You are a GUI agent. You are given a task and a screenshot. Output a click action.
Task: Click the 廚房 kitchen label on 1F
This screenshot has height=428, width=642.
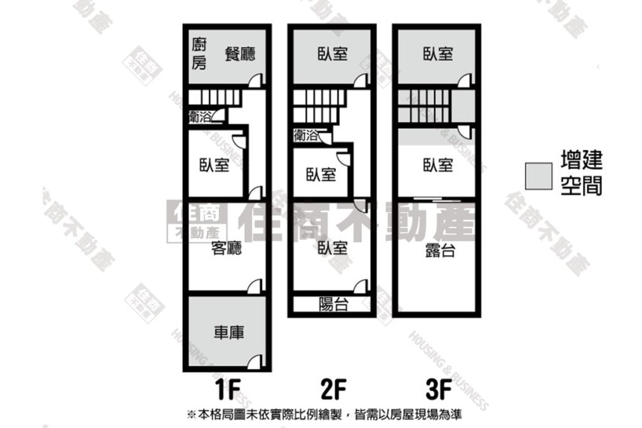click(x=199, y=54)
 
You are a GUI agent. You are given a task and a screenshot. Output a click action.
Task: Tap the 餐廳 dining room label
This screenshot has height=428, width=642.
click(x=240, y=54)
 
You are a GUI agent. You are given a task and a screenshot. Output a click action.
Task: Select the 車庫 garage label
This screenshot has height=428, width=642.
click(x=229, y=332)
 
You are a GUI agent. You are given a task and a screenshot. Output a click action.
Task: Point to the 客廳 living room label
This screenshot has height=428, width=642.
click(x=226, y=248)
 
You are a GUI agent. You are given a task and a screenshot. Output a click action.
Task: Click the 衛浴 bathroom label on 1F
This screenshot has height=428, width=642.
click(x=200, y=117)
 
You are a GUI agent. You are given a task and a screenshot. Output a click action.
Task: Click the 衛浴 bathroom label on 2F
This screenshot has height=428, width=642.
click(x=305, y=135)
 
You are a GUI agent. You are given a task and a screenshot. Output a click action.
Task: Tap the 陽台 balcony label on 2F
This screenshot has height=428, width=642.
click(x=334, y=305)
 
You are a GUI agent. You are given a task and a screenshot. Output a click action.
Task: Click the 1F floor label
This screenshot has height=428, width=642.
click(x=227, y=390)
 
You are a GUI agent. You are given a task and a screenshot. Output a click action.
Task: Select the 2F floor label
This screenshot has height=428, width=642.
click(x=334, y=390)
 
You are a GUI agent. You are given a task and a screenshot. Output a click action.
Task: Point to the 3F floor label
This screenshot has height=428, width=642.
click(x=438, y=390)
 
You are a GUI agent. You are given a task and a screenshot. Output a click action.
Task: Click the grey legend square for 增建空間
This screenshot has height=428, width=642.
click(x=539, y=176)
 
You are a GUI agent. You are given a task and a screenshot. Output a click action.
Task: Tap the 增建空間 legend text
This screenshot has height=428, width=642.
click(x=581, y=173)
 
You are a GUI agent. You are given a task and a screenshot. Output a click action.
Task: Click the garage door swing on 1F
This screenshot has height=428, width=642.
click(x=255, y=362)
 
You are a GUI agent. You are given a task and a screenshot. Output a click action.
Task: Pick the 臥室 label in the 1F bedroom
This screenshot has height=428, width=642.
click(x=214, y=165)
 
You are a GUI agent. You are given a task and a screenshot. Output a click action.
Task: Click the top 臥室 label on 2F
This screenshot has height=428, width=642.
click(x=332, y=54)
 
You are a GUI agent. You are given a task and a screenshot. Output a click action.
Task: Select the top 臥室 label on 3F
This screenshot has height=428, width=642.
click(x=438, y=54)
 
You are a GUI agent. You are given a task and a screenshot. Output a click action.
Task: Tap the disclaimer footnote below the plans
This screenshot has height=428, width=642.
click(x=324, y=415)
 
